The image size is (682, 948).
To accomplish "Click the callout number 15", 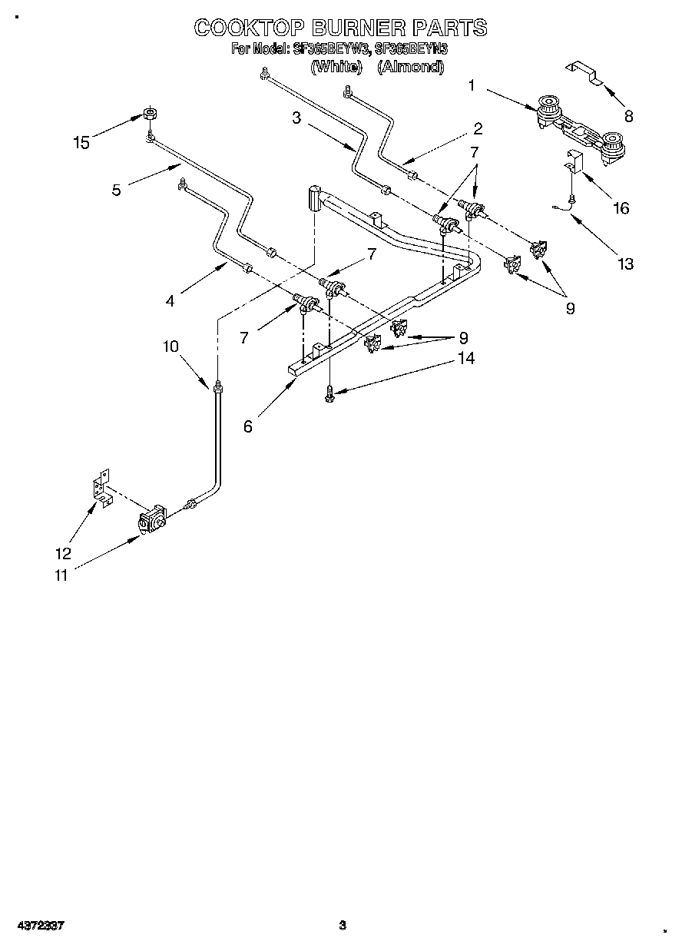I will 81,142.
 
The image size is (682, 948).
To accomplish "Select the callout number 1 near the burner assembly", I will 472,86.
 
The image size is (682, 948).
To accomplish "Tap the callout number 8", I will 628,117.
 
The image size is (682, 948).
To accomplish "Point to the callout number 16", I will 621,208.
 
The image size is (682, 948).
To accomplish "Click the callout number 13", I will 625,264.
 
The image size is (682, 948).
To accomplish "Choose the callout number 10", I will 170,346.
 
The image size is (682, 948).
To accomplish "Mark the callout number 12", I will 64,553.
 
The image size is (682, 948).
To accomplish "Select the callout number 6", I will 247,427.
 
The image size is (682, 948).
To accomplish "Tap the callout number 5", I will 116,189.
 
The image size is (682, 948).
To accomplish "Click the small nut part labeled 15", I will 150,115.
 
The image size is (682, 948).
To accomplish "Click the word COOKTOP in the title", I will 243,28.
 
